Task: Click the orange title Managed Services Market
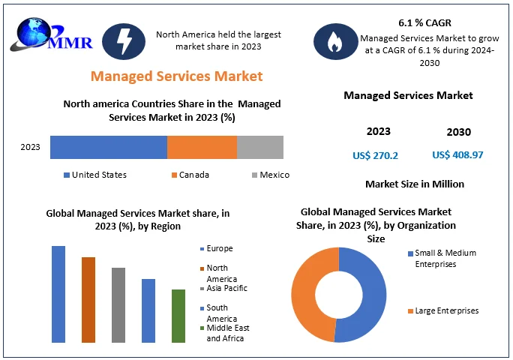click(176, 76)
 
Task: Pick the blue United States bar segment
click(109, 147)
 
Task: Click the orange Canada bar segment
click(202, 147)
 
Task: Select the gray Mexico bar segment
click(259, 147)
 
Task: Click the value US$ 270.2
click(375, 155)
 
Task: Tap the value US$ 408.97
click(457, 155)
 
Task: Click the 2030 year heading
click(458, 132)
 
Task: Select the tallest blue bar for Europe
click(58, 293)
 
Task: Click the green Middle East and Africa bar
click(178, 315)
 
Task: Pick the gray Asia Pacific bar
click(118, 304)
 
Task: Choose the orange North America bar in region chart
click(88, 299)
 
